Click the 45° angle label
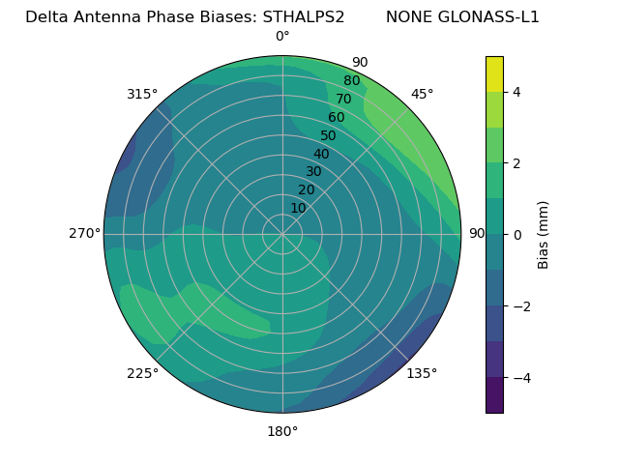click(423, 94)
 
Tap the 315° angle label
click(142, 94)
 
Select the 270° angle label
click(84, 234)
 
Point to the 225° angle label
click(142, 374)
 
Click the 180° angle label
click(282, 431)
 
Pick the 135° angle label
click(422, 374)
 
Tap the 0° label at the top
click(282, 37)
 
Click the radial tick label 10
click(298, 208)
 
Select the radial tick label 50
click(329, 135)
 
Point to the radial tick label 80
click(352, 81)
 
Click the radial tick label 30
click(313, 172)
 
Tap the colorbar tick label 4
click(517, 92)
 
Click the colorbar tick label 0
click(517, 235)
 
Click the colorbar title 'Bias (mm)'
click(544, 235)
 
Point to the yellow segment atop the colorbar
click(494, 73)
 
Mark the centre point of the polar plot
click(282, 234)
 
